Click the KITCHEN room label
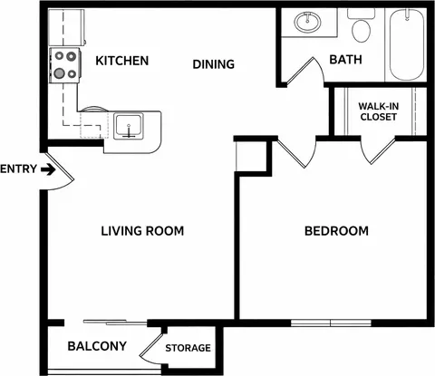coord(122,61)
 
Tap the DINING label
coord(214,64)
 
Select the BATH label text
coord(345,60)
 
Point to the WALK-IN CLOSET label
coord(378,111)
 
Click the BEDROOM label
coord(336,231)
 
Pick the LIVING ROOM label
coord(142,231)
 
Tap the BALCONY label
coord(97,346)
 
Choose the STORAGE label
coord(188,348)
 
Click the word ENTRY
coord(18,169)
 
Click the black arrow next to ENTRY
coord(48,169)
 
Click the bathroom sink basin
coord(307,22)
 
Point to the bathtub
coord(406,44)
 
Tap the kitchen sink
coord(128,127)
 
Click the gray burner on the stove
coord(60,72)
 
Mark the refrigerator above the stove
coord(66,27)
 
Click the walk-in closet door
coord(378,152)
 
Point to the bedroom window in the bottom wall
coord(331,323)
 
